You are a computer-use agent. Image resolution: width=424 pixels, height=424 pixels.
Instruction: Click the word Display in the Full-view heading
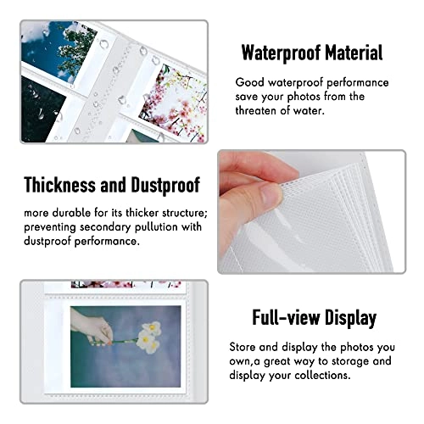[350, 318]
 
